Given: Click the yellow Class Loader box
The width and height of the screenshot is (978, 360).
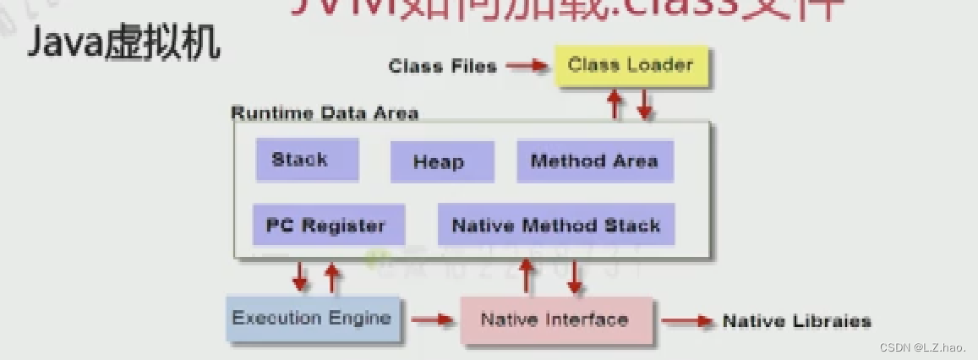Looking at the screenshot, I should click(631, 66).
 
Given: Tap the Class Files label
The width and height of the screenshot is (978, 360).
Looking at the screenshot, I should click(442, 66).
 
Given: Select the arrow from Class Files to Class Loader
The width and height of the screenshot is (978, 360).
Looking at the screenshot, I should click(525, 66).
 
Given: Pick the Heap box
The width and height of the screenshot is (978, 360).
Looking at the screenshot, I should click(441, 162).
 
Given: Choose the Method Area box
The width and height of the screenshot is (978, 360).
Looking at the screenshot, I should click(594, 161).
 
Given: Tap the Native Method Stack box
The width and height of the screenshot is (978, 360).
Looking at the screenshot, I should click(555, 225).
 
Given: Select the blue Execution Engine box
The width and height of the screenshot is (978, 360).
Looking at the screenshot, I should click(313, 319).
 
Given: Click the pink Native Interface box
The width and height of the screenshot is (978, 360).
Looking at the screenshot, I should click(556, 319).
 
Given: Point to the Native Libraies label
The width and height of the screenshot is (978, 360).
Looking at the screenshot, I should click(796, 321).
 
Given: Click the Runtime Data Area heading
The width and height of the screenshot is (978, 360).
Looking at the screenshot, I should click(325, 113).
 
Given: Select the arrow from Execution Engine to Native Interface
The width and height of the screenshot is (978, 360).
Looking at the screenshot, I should click(432, 319).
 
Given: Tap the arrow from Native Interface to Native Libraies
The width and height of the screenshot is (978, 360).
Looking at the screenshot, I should click(687, 320).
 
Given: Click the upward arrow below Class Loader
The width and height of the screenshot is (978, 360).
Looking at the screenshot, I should click(615, 105).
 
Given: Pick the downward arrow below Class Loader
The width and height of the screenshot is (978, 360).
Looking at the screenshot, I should click(644, 105).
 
